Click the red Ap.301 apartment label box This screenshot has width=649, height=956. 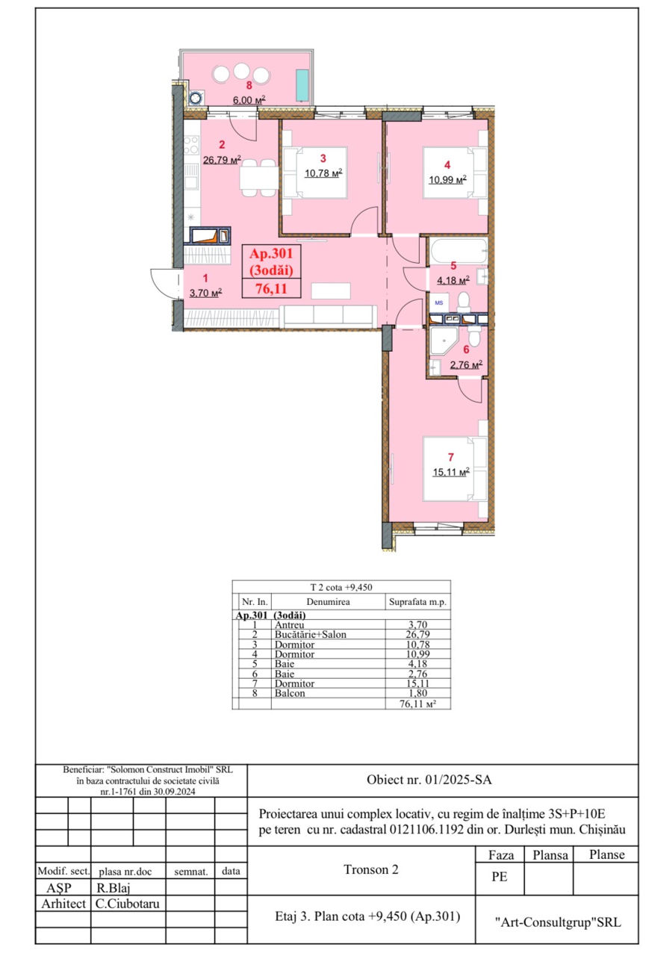point(271,271)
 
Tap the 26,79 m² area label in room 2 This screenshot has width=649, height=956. point(222,160)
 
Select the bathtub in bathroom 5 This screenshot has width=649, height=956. point(458,251)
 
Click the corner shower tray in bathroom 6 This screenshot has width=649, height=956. point(444,341)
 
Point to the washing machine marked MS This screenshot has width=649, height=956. point(438,302)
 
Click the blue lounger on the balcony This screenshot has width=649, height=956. point(302,85)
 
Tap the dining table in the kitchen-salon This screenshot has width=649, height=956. point(258,178)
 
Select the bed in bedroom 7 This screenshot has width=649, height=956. point(455,468)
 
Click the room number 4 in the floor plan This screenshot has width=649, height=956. point(447,165)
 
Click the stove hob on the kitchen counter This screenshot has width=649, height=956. point(191,145)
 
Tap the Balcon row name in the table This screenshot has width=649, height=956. point(290,693)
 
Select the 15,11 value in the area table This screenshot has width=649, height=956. point(417,683)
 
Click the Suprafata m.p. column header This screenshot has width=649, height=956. point(417,602)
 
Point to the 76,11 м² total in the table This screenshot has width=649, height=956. point(417,704)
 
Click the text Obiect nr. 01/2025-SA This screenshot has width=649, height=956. point(429,780)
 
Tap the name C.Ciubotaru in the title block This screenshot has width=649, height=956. point(127,904)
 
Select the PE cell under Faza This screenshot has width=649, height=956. point(499,877)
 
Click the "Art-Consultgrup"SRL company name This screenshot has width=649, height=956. point(558,922)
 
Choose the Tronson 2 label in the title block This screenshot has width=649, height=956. point(370,869)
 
